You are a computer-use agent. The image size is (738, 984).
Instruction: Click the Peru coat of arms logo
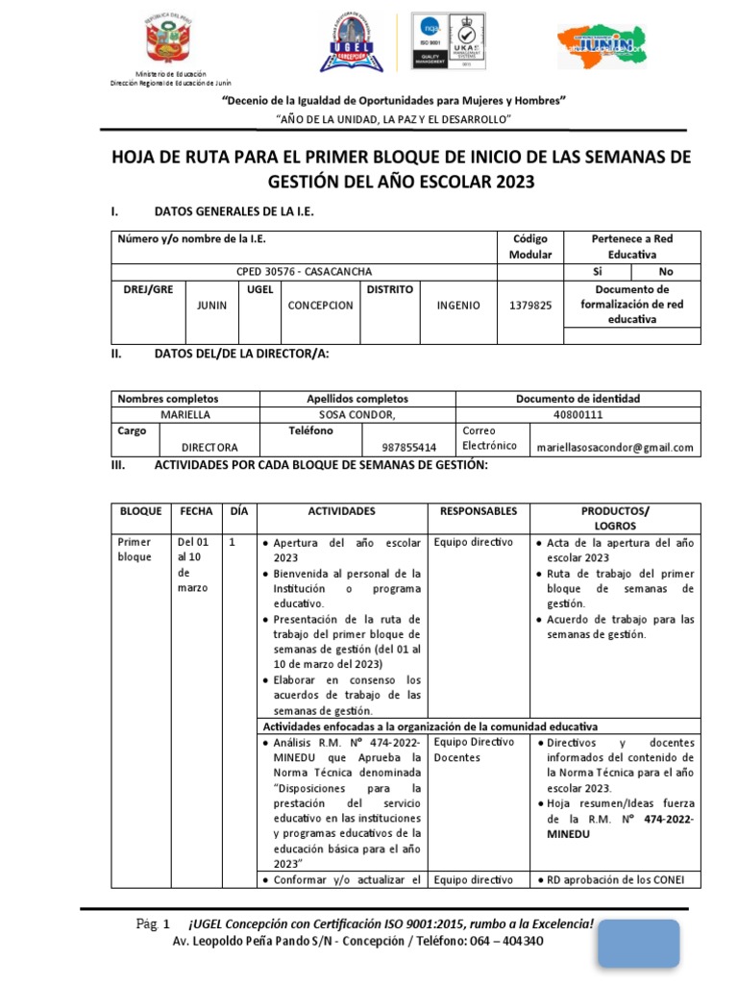tap(167, 42)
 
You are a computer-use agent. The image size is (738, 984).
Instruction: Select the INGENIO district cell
tap(457, 306)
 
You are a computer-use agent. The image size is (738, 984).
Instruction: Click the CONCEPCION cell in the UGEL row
tap(320, 306)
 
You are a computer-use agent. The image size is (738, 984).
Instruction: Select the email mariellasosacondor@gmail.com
tap(615, 447)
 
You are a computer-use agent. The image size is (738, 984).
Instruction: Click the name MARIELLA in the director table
tap(185, 415)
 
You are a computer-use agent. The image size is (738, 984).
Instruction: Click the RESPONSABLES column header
tap(478, 511)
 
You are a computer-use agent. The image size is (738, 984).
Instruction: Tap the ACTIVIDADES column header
tap(341, 511)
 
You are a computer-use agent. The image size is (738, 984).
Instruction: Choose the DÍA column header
tap(236, 511)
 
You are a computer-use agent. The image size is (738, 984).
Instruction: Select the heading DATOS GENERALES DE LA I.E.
tap(234, 211)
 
